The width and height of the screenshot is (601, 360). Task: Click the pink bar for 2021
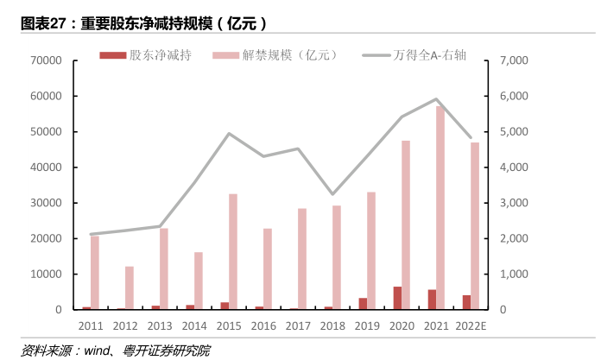[x=440, y=207]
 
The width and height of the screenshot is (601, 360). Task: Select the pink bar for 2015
[x=233, y=251]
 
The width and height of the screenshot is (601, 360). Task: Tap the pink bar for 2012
[x=130, y=287]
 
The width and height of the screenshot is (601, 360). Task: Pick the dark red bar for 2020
[x=397, y=298]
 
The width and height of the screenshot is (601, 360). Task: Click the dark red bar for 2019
[x=363, y=304]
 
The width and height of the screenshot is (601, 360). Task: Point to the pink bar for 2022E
[x=475, y=225]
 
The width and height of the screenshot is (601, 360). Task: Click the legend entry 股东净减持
[x=148, y=55]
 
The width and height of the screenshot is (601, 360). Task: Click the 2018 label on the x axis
[x=332, y=326]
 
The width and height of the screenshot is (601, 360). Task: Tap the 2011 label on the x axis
[x=91, y=326]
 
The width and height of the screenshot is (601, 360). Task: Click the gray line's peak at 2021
[x=436, y=99]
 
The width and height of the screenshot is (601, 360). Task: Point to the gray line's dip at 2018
[x=332, y=194]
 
